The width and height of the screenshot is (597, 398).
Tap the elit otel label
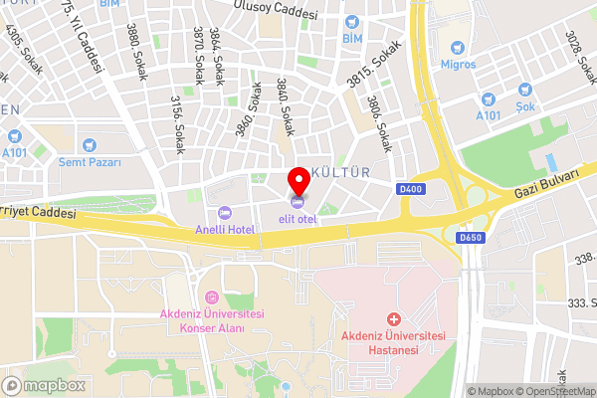pyautogui.click(x=298, y=219)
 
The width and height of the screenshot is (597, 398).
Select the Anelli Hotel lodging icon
pyautogui.click(x=224, y=213)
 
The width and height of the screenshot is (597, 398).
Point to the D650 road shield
pyautogui.click(x=471, y=238)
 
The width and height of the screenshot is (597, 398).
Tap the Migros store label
pyautogui.click(x=458, y=65)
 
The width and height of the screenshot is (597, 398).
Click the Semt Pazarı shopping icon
pyautogui.click(x=90, y=145)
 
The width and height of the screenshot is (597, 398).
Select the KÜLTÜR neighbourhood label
pyautogui.click(x=341, y=172)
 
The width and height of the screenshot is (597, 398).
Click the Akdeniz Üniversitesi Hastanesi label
pyautogui.click(x=393, y=343)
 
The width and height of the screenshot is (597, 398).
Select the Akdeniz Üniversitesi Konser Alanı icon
pyautogui.click(x=211, y=298)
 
